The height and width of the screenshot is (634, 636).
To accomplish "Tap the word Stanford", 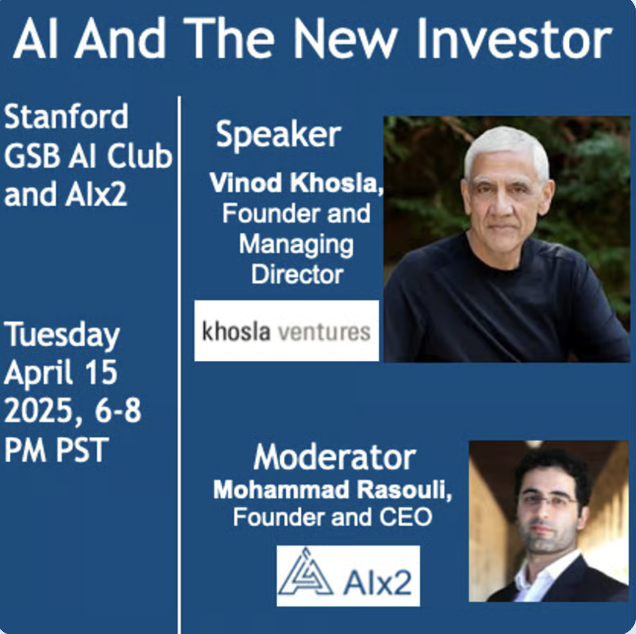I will tap(66, 117).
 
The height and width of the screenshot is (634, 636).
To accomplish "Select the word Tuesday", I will tap(62, 336).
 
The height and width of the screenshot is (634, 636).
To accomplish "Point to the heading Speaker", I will tap(278, 135).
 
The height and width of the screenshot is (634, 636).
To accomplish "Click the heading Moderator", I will tap(335, 457).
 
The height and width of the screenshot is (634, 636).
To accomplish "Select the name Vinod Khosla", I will tap(296, 183).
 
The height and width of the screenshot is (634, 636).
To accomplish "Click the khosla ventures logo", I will tap(287, 331).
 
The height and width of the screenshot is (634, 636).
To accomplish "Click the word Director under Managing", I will tap(297, 274).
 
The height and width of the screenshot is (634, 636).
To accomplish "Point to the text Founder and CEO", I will tap(332, 517).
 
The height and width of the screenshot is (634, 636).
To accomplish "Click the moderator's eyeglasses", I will tap(549, 501).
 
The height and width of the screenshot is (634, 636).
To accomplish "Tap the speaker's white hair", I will tap(506, 144).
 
